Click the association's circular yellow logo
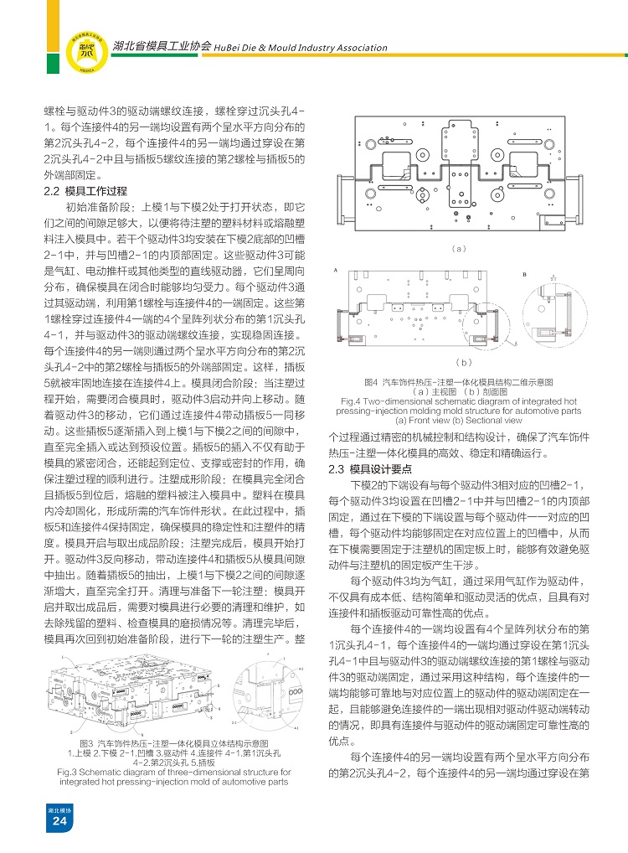pos(86,50)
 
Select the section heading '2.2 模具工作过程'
pos(85,191)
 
